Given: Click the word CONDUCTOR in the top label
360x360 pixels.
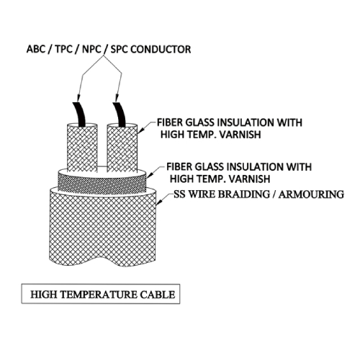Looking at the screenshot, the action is pyautogui.click(x=161, y=49).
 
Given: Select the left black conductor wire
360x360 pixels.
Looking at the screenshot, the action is pyautogui.click(x=80, y=114).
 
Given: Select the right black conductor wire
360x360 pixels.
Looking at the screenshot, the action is pyautogui.click(x=120, y=114).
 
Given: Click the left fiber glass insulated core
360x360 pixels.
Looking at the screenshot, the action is pyautogui.click(x=82, y=148).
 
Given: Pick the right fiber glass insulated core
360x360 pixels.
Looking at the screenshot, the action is pyautogui.click(x=122, y=148).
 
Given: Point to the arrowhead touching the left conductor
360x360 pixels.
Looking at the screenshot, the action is pyautogui.click(x=78, y=98).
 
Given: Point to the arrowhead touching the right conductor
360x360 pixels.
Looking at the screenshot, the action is pyautogui.click(x=117, y=98).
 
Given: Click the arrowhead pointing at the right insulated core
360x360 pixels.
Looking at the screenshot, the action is pyautogui.click(x=141, y=130).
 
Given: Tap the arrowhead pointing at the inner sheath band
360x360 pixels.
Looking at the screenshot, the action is pyautogui.click(x=150, y=176).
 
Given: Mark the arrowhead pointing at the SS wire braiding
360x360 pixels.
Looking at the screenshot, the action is pyautogui.click(x=159, y=202).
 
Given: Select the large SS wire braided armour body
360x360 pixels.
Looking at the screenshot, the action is pyautogui.click(x=103, y=228).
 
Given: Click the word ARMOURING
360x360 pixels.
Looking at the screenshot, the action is pyautogui.click(x=311, y=194).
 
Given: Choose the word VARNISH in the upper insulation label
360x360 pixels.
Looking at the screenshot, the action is pyautogui.click(x=240, y=135).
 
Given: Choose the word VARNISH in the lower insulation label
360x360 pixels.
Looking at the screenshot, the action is pyautogui.click(x=250, y=179).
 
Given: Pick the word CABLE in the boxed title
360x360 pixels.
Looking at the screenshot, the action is pyautogui.click(x=158, y=294).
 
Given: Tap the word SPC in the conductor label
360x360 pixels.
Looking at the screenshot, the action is pyautogui.click(x=120, y=49).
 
